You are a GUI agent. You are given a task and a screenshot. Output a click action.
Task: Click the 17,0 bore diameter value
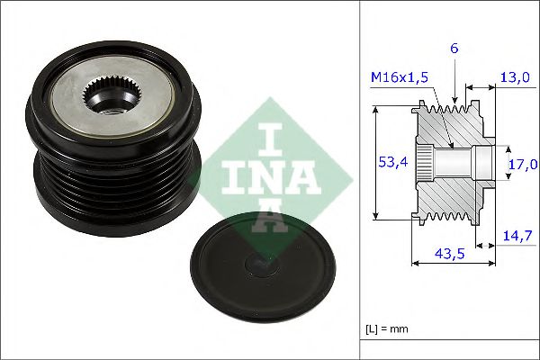click(x=522, y=164)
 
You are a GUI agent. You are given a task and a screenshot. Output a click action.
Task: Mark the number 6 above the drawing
click(x=454, y=48)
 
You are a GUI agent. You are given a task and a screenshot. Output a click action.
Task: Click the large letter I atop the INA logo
click(x=259, y=141)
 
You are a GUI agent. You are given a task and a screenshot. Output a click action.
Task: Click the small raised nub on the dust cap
click(x=261, y=265)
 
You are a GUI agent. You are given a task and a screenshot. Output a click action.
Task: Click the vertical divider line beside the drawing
click(x=361, y=180)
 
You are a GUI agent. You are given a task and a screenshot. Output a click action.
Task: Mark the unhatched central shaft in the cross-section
click(x=463, y=163)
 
